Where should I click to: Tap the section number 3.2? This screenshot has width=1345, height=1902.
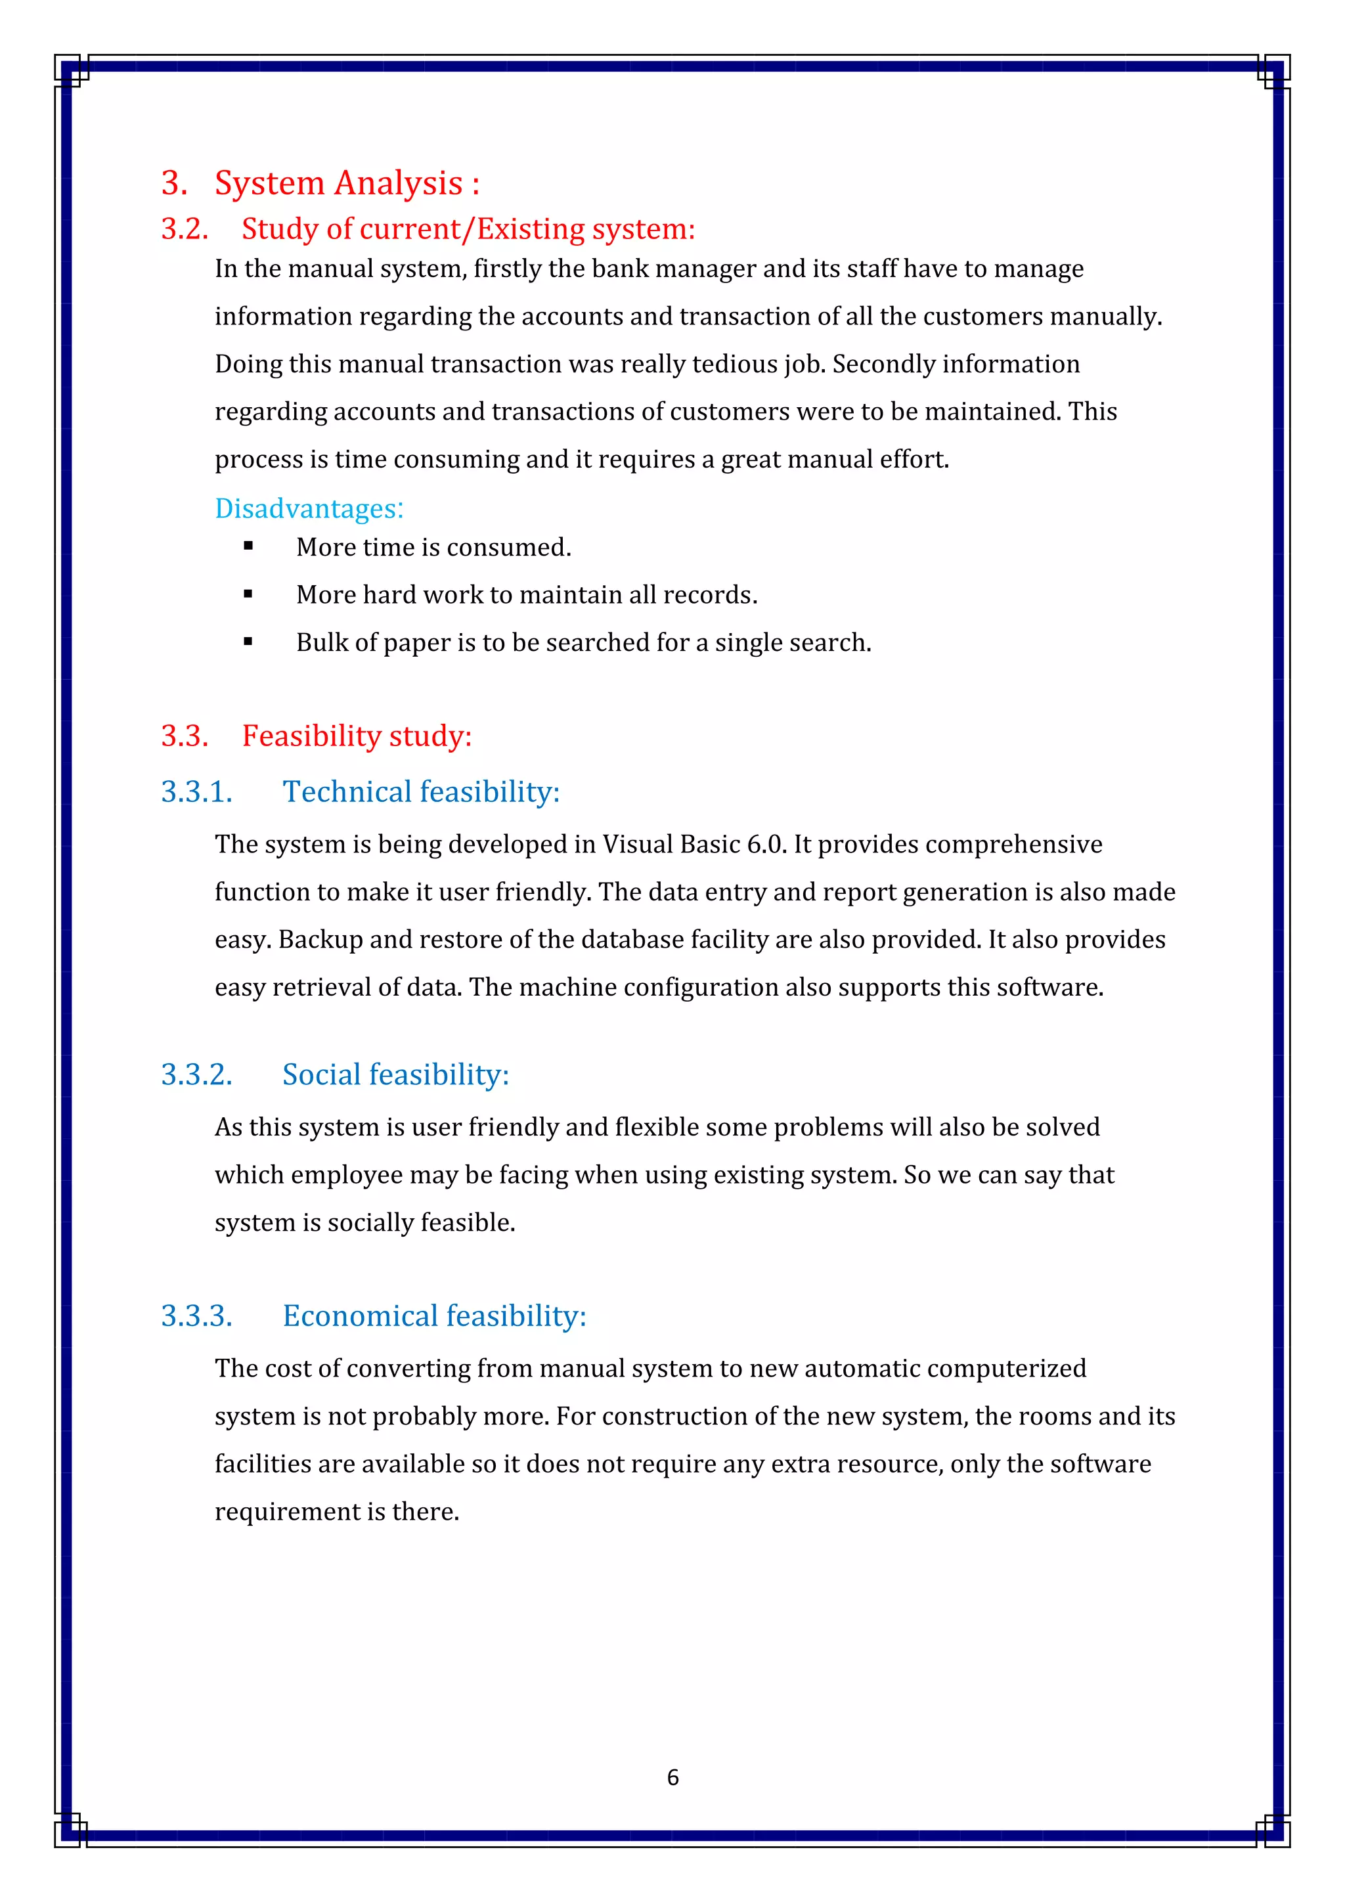(x=184, y=229)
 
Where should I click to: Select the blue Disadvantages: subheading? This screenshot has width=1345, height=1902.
(x=309, y=508)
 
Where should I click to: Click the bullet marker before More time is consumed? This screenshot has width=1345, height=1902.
(x=248, y=546)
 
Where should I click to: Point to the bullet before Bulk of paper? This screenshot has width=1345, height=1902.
(x=248, y=641)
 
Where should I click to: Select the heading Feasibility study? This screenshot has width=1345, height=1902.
(x=356, y=736)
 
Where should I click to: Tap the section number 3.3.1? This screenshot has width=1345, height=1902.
(x=196, y=792)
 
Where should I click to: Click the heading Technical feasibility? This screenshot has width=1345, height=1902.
(x=421, y=792)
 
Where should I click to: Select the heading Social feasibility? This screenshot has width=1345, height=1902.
(x=395, y=1074)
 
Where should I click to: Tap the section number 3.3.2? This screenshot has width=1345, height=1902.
(x=196, y=1074)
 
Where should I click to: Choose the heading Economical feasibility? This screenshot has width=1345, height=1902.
(x=434, y=1316)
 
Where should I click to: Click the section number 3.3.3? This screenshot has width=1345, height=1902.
(x=196, y=1316)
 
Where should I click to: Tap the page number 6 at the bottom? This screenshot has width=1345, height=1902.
(x=672, y=1777)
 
